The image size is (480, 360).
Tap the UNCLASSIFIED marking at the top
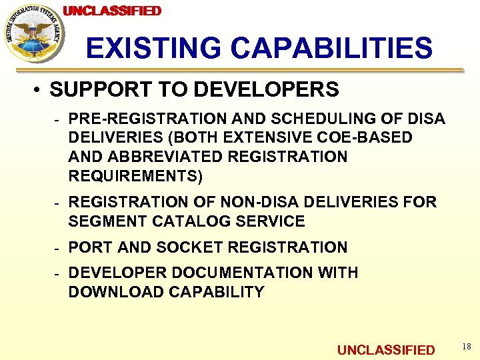(x=112, y=11)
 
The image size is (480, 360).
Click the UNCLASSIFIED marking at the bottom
(x=386, y=350)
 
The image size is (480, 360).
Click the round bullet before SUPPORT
(x=41, y=90)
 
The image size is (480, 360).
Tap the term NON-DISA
(x=257, y=202)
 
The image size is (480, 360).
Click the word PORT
(x=91, y=247)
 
